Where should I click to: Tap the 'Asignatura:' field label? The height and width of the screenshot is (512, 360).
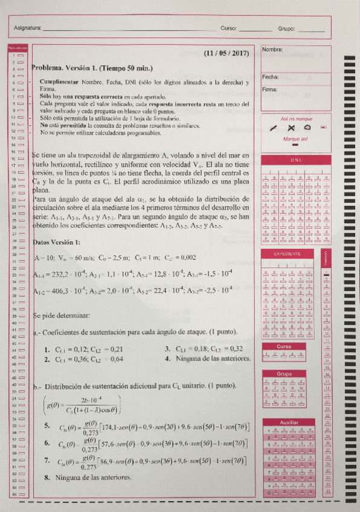tap(27, 28)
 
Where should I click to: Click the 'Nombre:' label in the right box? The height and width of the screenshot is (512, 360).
tap(272, 50)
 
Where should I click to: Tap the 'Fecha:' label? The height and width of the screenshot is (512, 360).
tap(270, 77)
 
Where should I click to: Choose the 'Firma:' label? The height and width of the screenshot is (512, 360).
tap(269, 89)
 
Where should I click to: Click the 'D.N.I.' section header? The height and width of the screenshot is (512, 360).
tap(295, 161)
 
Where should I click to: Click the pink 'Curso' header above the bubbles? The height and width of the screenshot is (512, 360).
tap(283, 347)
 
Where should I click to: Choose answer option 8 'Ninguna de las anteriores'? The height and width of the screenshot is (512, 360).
tap(92, 478)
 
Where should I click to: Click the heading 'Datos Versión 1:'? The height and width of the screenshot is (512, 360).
tap(57, 242)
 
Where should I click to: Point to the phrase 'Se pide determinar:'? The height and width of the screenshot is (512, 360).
tap(62, 315)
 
